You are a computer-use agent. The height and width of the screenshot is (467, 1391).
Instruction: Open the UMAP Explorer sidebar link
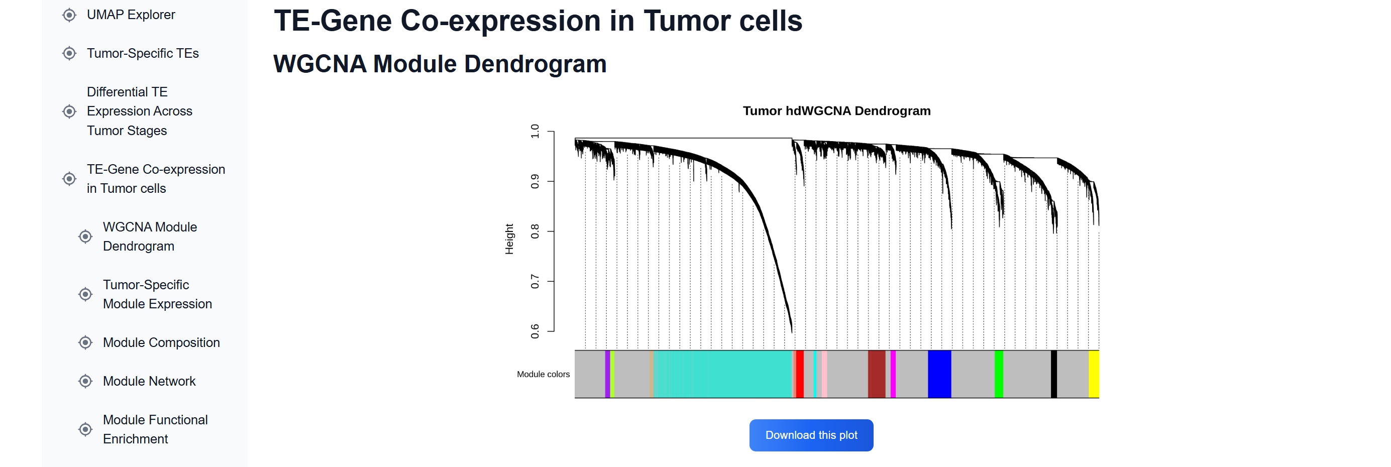(131, 15)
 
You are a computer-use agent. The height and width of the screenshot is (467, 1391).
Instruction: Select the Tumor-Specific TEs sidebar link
(143, 53)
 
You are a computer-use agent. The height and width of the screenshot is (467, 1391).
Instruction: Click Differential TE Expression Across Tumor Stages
(139, 111)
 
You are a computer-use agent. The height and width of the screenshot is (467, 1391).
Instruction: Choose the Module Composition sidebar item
(161, 342)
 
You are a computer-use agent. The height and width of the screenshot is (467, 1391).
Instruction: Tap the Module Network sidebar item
(149, 381)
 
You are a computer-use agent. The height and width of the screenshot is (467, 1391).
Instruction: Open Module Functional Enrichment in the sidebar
(155, 429)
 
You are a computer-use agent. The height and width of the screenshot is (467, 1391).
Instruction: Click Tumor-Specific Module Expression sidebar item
(157, 294)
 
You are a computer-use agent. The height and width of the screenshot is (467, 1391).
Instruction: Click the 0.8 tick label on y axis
(534, 231)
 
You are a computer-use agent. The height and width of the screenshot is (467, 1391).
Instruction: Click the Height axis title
(509, 239)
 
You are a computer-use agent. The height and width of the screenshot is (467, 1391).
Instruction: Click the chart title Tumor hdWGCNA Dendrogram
(836, 110)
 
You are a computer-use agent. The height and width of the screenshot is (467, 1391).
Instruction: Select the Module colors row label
(543, 374)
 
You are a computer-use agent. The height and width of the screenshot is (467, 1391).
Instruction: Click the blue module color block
(938, 374)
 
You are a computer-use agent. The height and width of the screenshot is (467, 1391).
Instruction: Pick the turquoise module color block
(723, 374)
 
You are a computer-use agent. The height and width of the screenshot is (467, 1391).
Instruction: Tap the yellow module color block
(1093, 374)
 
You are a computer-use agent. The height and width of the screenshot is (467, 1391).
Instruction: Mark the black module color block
(1053, 374)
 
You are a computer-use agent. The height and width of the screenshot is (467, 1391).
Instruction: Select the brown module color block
(876, 374)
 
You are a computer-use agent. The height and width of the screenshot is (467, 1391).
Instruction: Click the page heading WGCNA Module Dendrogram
(440, 64)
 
